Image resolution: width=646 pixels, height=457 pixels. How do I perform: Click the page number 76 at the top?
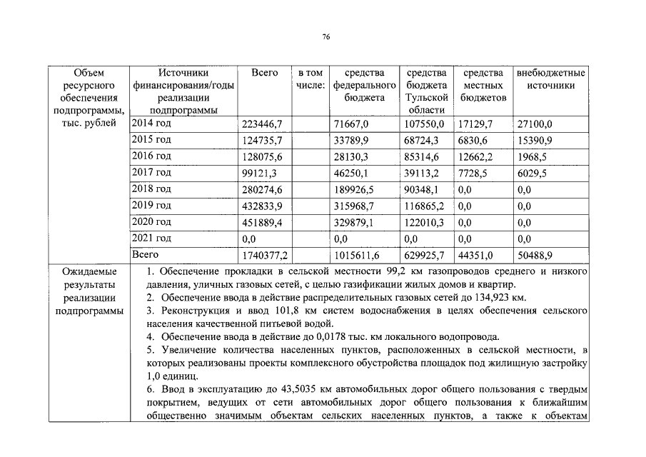tap(325, 36)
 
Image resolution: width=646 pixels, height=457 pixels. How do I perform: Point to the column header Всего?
tap(265, 73)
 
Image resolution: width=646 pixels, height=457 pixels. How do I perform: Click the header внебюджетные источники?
tap(550, 79)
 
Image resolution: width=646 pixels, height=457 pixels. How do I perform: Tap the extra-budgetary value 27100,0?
tap(534, 124)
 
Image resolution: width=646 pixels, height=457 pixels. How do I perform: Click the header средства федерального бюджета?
tap(364, 85)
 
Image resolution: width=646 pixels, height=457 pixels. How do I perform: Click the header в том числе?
tap(311, 79)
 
